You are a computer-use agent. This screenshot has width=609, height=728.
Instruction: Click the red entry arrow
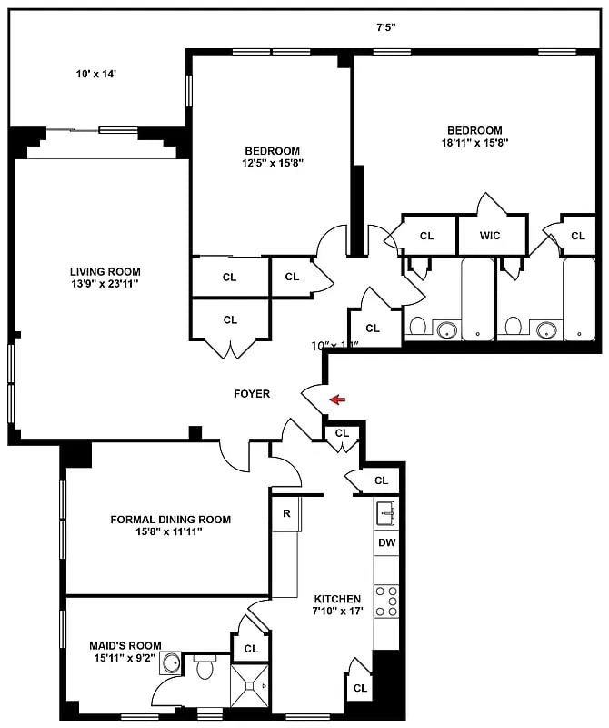click(337, 399)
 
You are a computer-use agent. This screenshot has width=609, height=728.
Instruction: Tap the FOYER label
click(252, 394)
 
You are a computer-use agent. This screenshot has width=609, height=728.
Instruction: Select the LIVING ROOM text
click(105, 271)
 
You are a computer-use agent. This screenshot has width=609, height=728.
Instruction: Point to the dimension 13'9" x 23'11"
click(105, 285)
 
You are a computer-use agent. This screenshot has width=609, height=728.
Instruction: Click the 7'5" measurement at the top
click(387, 27)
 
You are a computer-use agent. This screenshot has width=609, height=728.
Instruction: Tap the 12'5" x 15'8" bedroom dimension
click(272, 164)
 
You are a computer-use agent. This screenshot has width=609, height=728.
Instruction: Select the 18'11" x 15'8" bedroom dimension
click(474, 142)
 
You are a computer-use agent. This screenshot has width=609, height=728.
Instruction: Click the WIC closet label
click(491, 236)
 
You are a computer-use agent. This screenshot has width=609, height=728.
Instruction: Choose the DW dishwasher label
click(386, 543)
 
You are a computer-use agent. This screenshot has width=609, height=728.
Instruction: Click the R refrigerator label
click(286, 513)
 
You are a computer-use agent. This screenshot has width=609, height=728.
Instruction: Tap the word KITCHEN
click(337, 599)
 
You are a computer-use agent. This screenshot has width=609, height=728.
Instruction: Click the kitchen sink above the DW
click(386, 512)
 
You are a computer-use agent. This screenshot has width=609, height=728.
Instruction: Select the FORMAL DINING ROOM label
click(171, 520)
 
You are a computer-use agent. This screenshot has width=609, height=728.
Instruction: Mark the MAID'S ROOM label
click(113, 645)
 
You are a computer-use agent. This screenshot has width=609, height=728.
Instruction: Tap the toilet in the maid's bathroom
click(205, 670)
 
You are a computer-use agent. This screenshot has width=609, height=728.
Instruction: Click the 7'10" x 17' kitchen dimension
click(337, 612)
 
